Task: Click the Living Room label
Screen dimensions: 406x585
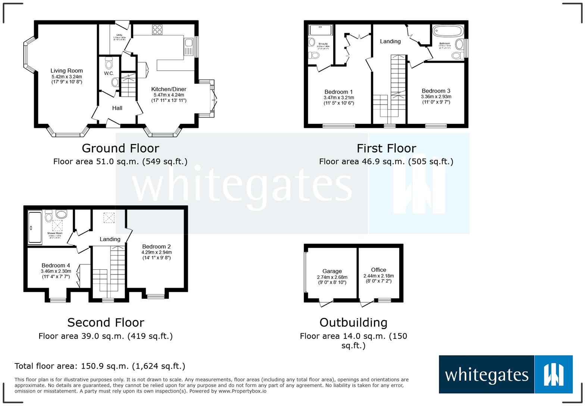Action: (67, 71)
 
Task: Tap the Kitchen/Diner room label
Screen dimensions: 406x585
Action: (169, 89)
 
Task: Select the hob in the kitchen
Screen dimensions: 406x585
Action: (157, 29)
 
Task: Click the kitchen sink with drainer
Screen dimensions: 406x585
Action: (188, 47)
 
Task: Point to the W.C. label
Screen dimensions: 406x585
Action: (109, 73)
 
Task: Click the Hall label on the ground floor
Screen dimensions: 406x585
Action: (117, 108)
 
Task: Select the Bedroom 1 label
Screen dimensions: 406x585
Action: (338, 92)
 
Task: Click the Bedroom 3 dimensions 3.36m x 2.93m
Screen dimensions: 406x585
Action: (436, 97)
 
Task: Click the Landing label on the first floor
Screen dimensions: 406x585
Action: (390, 41)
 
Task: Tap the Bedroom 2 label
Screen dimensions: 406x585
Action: (156, 246)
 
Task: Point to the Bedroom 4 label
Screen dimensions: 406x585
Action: (56, 265)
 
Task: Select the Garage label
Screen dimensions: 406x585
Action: (332, 271)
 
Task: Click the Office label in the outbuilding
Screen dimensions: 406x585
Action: (378, 270)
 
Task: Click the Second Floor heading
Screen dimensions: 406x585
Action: (106, 322)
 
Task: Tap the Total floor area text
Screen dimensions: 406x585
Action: (100, 366)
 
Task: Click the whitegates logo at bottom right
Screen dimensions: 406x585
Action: (506, 374)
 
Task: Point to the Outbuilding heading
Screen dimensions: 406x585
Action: (353, 322)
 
